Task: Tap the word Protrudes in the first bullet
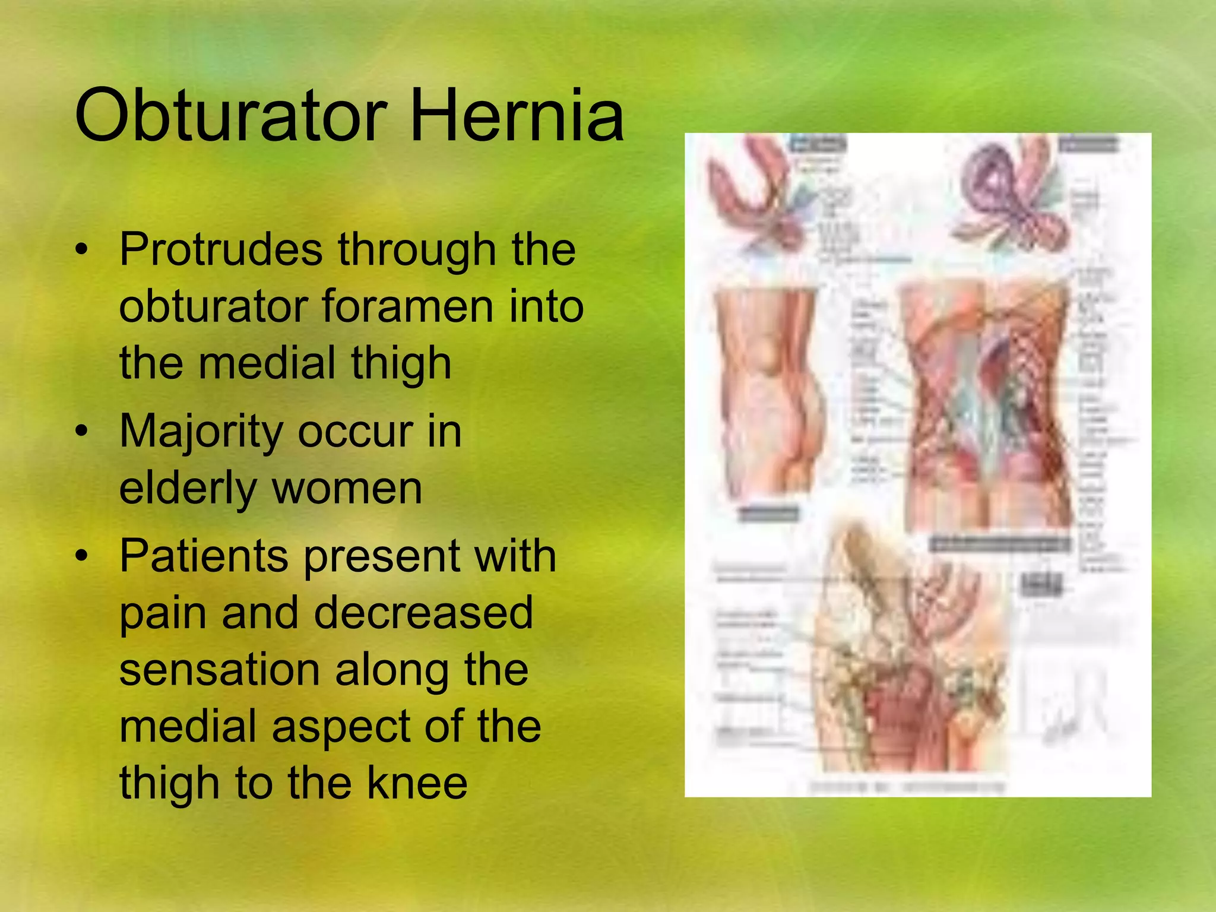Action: (221, 249)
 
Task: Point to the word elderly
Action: (187, 488)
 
